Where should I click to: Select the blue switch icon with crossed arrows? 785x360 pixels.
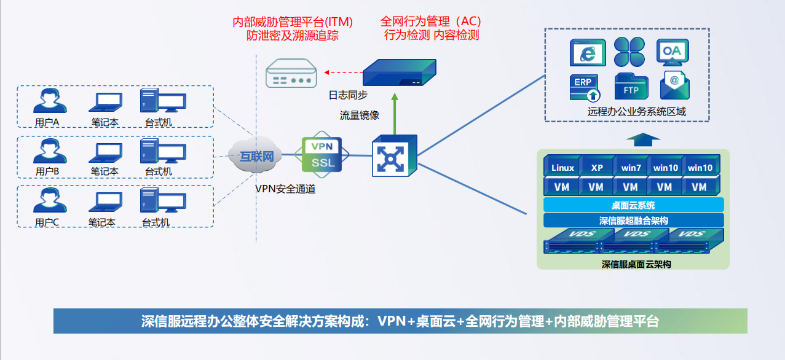coord(394,155)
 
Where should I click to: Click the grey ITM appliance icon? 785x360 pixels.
coord(291,74)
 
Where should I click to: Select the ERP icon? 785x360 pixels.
coord(585,87)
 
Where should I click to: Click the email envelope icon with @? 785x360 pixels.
coord(674,86)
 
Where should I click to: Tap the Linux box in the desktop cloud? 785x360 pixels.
coord(562,167)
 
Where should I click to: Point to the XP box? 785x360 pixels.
coord(597,167)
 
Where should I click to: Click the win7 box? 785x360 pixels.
coord(631,167)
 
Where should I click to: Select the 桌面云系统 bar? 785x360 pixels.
coord(633,205)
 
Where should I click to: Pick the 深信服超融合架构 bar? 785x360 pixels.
coord(633,221)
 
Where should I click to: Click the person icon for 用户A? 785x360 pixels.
coord(49,101)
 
